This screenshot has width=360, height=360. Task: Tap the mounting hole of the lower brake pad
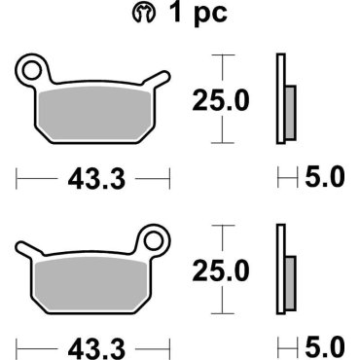point(152,237)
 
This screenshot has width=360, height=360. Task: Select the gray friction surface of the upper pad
point(93,112)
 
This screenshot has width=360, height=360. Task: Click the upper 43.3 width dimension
point(93,179)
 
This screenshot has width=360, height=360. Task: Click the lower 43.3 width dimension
point(93,347)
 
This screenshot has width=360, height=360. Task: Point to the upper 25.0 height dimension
point(224,98)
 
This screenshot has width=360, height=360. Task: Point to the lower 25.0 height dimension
point(224,268)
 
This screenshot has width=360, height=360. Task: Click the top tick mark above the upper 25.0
point(224,55)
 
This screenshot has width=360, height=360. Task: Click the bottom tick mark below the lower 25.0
point(224,313)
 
